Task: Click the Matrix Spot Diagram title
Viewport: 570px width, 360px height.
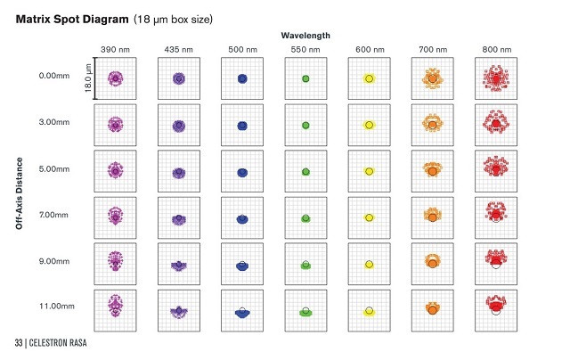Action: pyautogui.click(x=71, y=18)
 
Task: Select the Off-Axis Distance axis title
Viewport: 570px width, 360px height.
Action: pyautogui.click(x=20, y=193)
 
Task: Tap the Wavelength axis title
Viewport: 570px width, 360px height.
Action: pyautogui.click(x=305, y=35)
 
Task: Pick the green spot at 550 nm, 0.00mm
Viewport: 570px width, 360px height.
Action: pyautogui.click(x=305, y=79)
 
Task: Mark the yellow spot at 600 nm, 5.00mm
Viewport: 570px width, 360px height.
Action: pyautogui.click(x=369, y=171)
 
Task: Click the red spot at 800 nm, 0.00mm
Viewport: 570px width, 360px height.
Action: pyautogui.click(x=496, y=79)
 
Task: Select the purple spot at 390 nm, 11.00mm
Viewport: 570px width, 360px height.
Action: pyautogui.click(x=115, y=307)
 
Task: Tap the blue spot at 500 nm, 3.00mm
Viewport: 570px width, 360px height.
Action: pyautogui.click(x=241, y=125)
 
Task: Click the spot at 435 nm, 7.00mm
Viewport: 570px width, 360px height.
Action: pyautogui.click(x=178, y=217)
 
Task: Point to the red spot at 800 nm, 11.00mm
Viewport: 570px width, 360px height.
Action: pyautogui.click(x=496, y=305)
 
